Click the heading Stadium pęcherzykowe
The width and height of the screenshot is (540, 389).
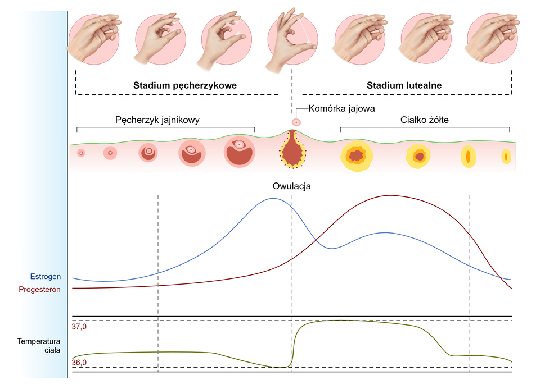point(185,85)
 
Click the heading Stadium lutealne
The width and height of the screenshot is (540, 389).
point(404,85)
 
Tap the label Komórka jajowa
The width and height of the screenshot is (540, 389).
point(341,108)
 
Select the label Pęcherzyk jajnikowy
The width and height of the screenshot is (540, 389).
point(157,120)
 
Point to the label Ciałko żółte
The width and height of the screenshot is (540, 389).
point(424,120)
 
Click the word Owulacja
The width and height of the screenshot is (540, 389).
point(292,186)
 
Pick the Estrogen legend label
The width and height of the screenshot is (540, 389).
point(46,277)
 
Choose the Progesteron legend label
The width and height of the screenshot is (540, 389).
point(39,290)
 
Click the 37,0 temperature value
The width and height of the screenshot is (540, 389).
point(79,327)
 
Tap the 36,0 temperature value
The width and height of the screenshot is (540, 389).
point(79,363)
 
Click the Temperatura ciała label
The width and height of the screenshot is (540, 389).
point(39,346)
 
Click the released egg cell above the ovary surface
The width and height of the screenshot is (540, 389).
point(296,122)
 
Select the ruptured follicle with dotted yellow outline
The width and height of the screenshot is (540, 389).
point(292,150)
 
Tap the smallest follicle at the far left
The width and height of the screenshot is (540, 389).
point(81,153)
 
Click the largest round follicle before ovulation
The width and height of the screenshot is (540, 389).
point(240,152)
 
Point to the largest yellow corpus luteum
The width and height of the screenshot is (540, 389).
point(357,157)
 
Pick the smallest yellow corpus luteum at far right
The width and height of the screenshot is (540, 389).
point(506,157)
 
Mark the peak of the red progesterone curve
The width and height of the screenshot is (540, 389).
point(390,195)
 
